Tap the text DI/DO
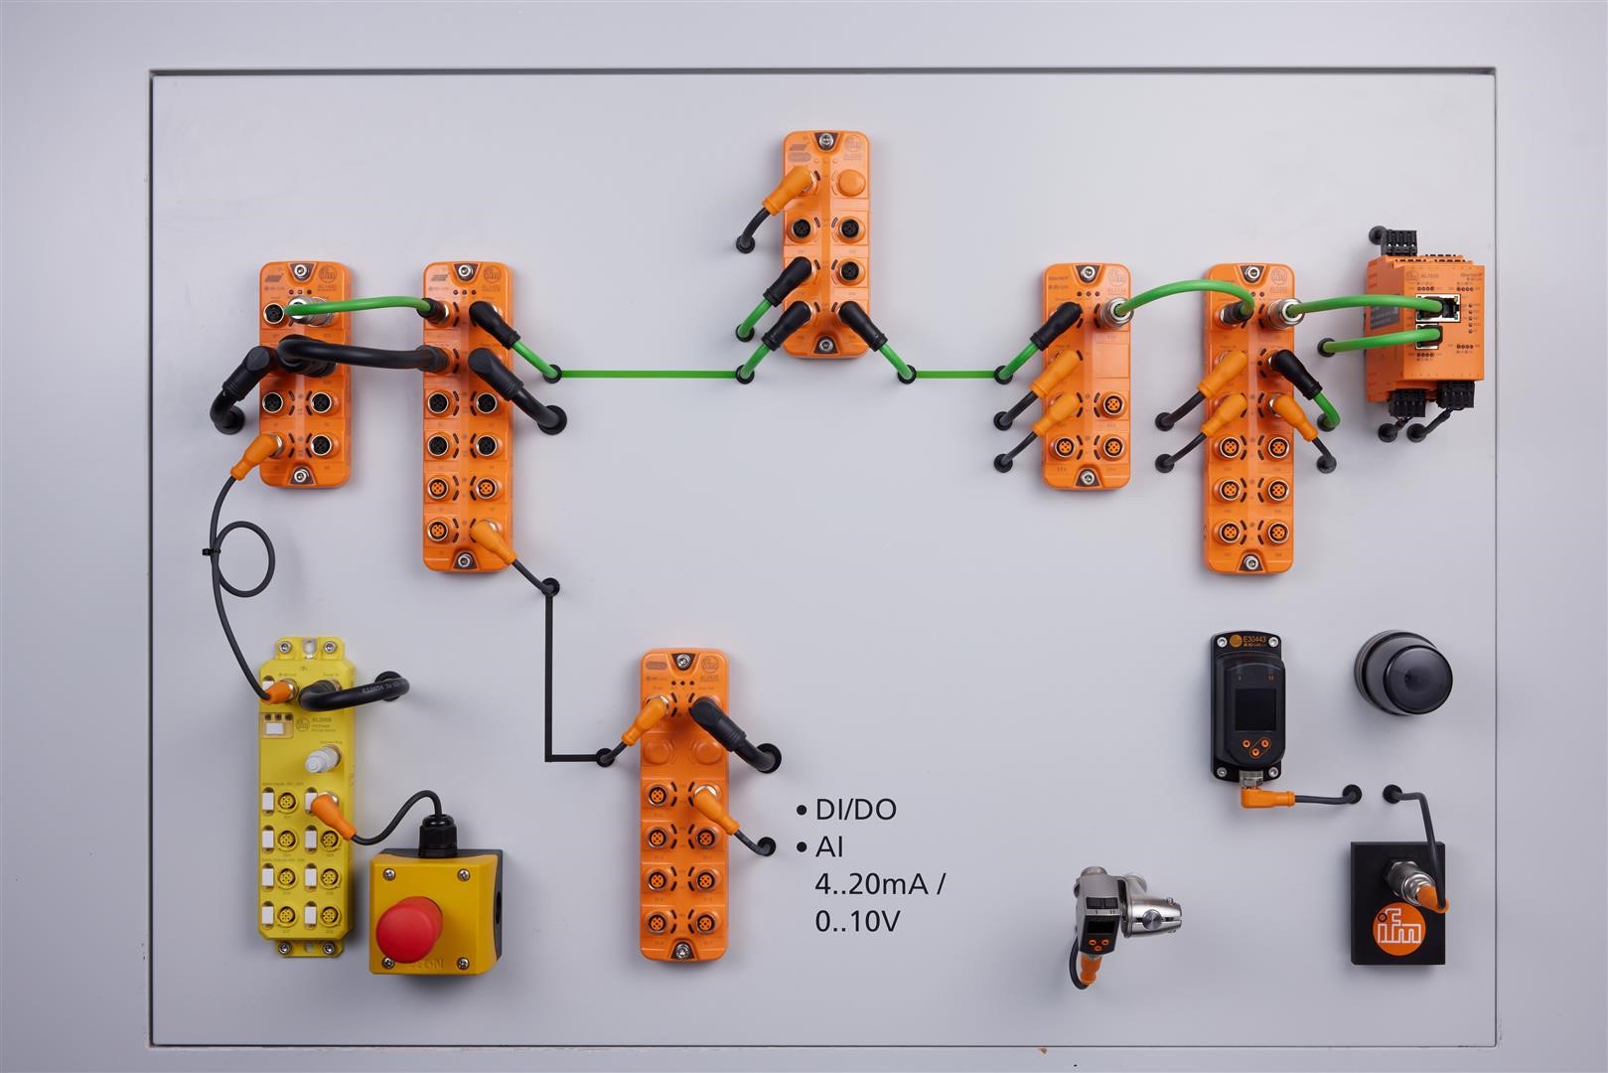tap(855, 810)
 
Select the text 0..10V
tap(856, 922)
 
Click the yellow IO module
tap(302, 795)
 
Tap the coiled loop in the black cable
tap(241, 557)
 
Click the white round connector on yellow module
tap(317, 761)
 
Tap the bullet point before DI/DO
tap(801, 812)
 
